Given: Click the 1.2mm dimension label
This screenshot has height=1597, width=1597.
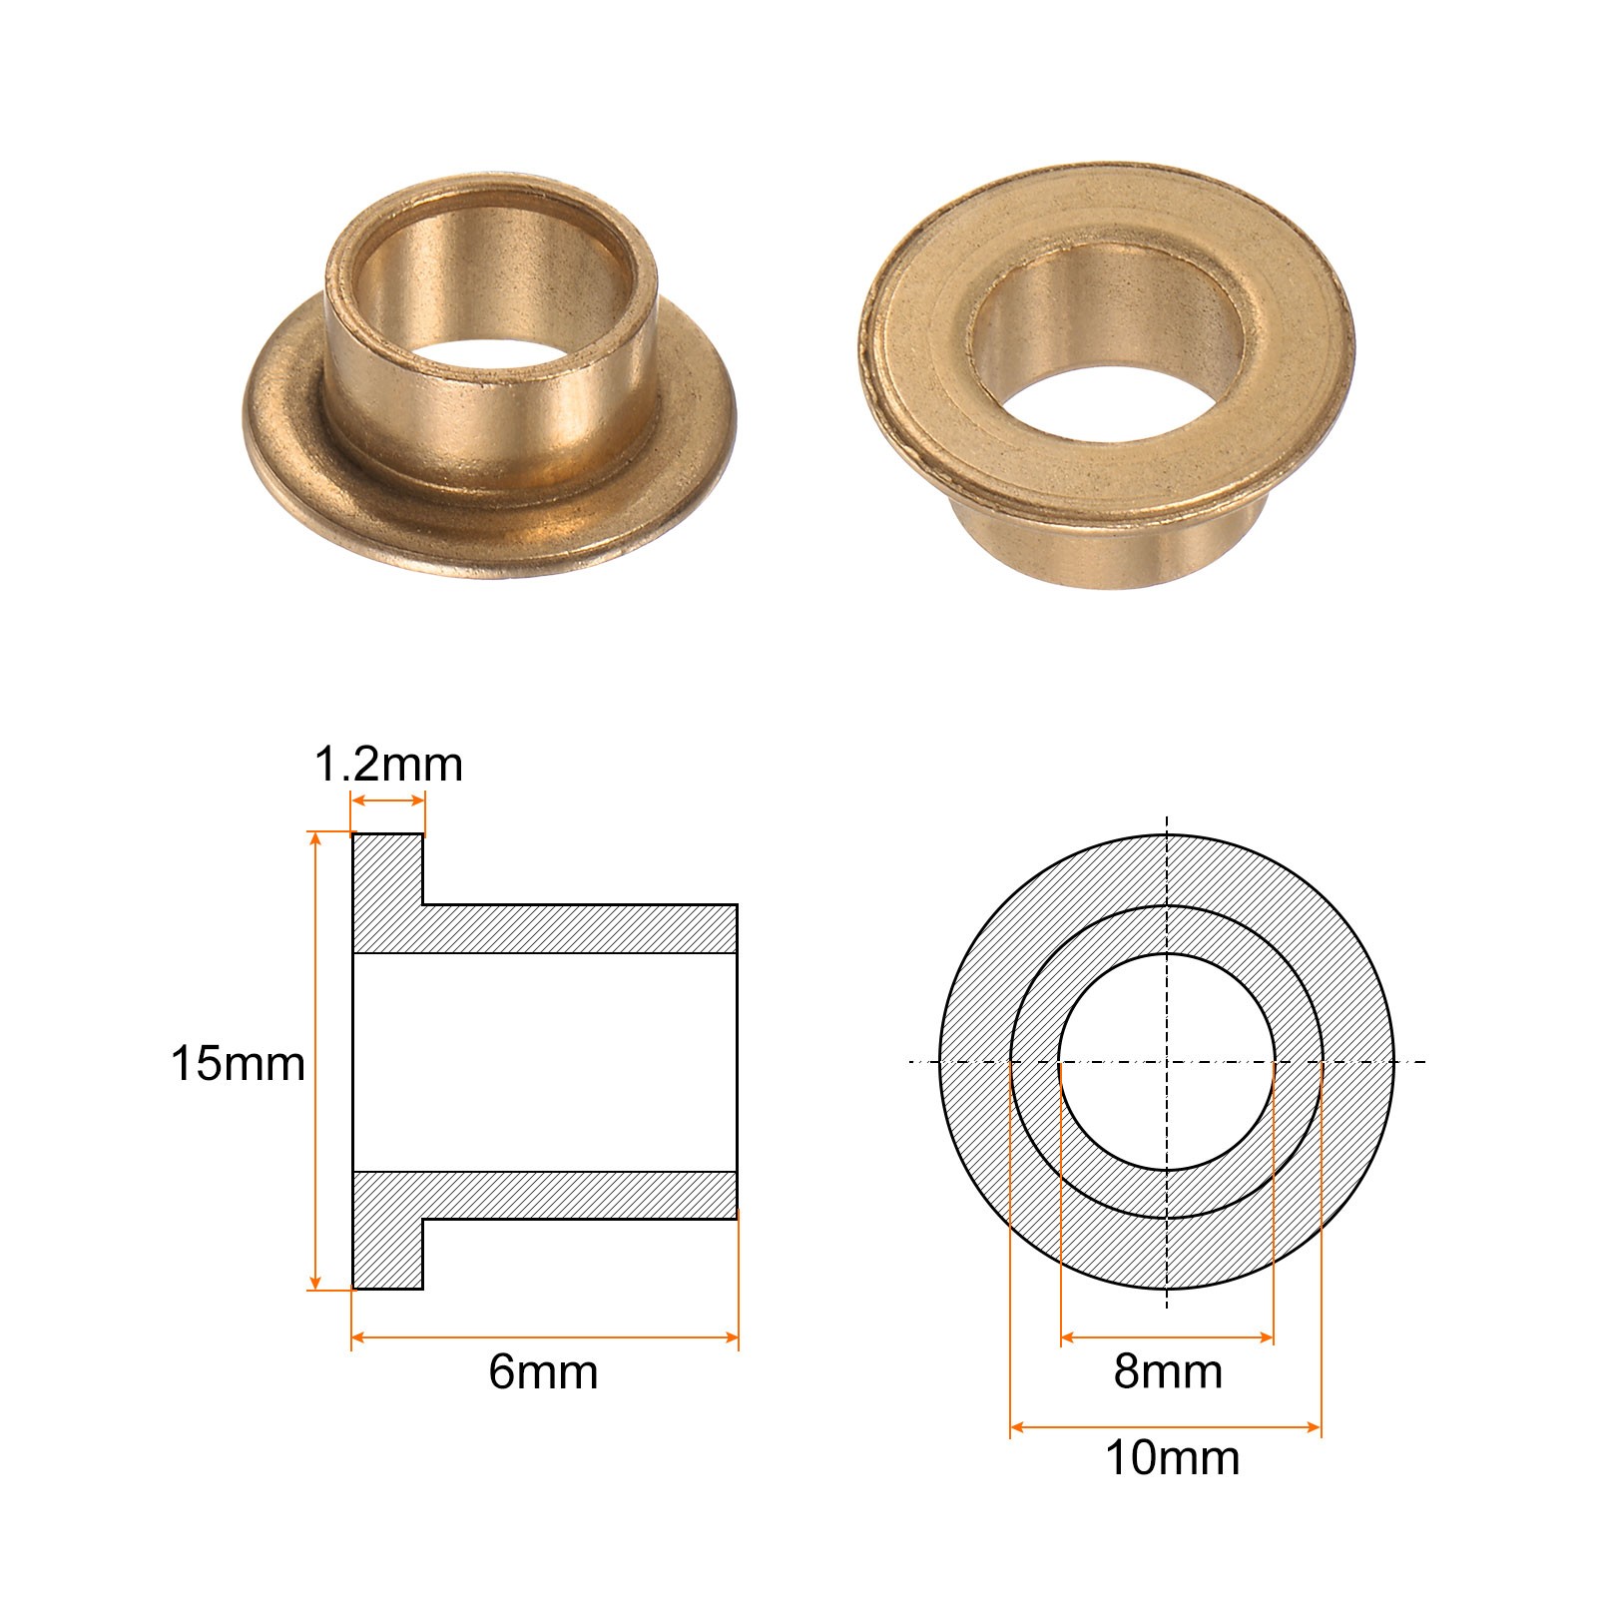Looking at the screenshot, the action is point(388,766).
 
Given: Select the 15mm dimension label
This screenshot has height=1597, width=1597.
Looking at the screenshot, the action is point(238,1063).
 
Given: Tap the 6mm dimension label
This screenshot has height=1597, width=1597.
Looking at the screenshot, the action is point(543,1371).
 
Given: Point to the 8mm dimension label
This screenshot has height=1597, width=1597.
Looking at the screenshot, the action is point(1168,1371).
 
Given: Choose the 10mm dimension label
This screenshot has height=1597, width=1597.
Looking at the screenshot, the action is point(1172,1458).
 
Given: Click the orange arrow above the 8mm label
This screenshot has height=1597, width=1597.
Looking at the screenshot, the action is point(1167,1337).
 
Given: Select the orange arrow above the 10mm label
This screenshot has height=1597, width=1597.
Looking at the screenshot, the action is point(1166,1427).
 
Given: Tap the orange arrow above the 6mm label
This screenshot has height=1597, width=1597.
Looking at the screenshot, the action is point(545,1337).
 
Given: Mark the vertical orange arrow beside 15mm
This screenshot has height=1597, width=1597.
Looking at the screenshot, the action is point(316,1061).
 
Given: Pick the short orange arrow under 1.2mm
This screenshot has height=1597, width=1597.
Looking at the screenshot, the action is point(388,800).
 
